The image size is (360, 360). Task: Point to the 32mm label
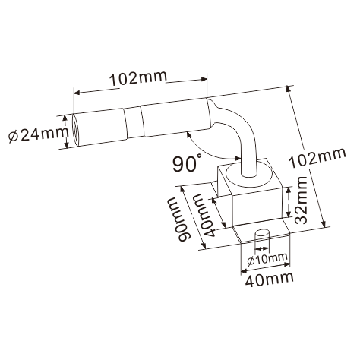pos(302,201)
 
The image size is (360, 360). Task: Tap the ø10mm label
pos(267,257)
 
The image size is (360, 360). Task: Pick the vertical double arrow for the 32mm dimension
pos(290,203)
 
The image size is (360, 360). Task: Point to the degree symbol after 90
pos(199,156)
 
